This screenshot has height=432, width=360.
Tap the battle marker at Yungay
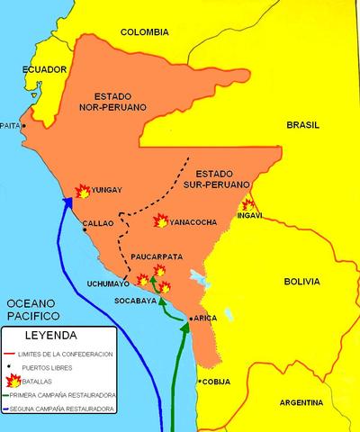81,191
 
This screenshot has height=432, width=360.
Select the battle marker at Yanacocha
161,220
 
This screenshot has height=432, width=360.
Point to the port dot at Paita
24,126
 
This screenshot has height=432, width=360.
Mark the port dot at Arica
190,319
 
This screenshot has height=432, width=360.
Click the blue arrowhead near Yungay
66,202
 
